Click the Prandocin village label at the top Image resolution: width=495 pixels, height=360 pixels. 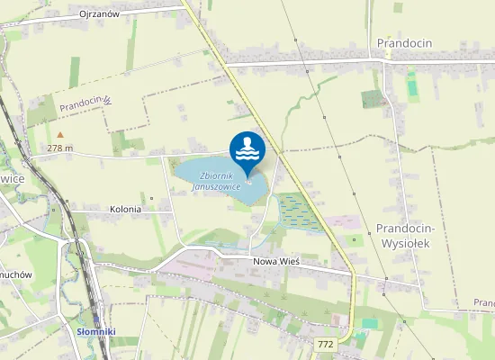pyautogui.click(x=407, y=42)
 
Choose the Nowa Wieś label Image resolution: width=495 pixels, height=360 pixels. pyautogui.click(x=275, y=260)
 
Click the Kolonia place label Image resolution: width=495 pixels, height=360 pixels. pyautogui.click(x=126, y=209)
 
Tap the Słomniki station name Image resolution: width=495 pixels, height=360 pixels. pyautogui.click(x=96, y=331)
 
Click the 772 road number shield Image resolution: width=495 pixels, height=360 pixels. pyautogui.click(x=326, y=344)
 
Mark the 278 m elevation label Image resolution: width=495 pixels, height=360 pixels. pyautogui.click(x=59, y=148)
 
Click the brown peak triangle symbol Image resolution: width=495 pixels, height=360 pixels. pyautogui.click(x=60, y=135)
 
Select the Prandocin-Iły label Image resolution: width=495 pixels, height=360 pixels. pyautogui.click(x=85, y=105)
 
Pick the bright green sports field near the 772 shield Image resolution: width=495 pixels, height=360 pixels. pyautogui.click(x=369, y=323)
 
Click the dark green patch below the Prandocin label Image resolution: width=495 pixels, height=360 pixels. pyautogui.click(x=372, y=98)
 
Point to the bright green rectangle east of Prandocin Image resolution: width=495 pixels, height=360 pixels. pyautogui.click(x=412, y=85)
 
